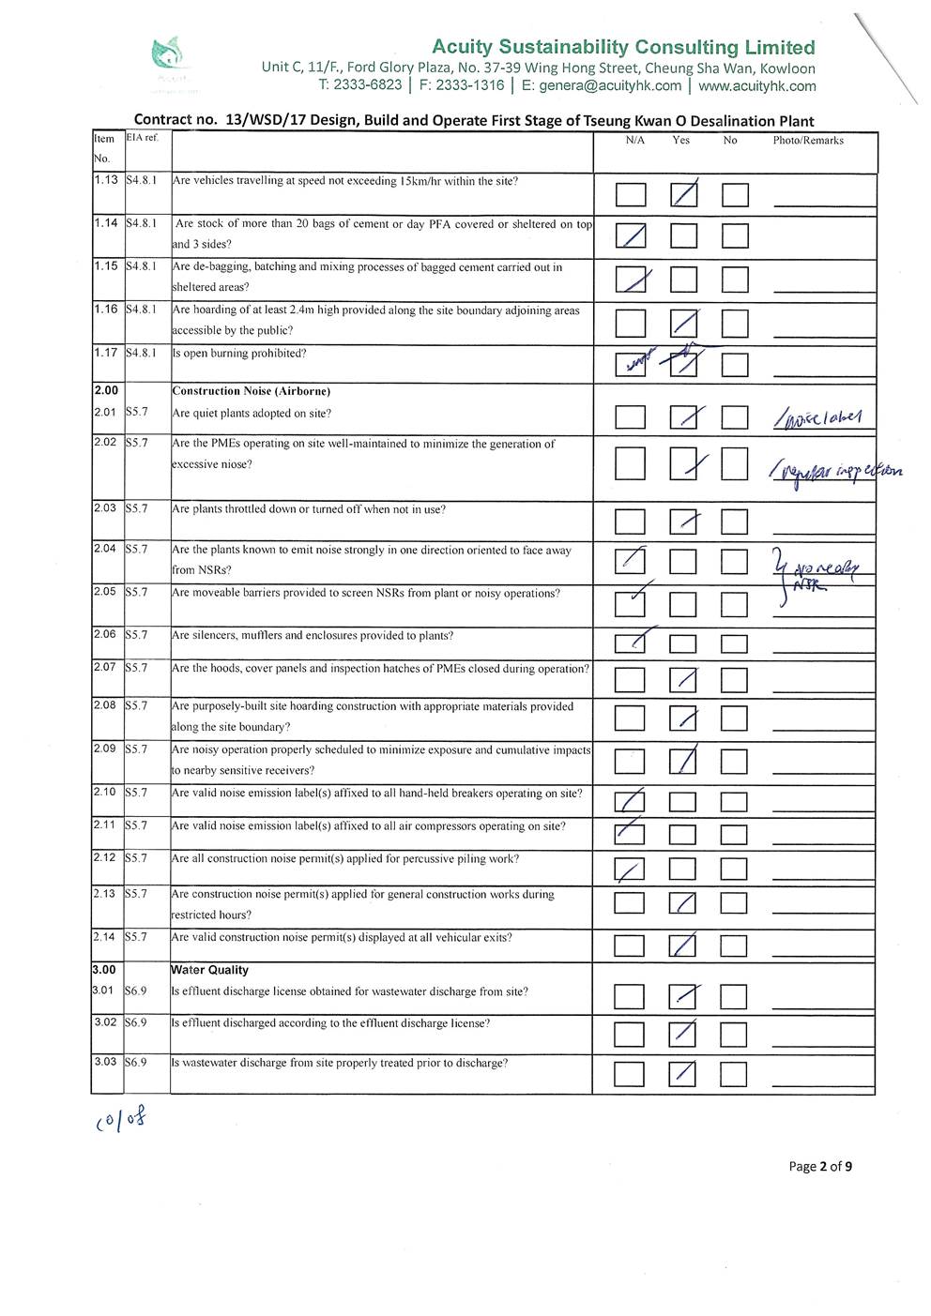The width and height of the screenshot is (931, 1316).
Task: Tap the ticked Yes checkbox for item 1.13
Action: pos(684,195)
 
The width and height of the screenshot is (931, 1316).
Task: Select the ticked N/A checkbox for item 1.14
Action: pos(631,235)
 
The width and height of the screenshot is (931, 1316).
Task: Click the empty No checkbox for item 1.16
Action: pos(735,325)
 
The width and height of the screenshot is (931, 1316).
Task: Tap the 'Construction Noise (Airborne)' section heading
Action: pos(251,391)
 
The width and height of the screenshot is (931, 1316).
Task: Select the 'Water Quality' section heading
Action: pos(209,970)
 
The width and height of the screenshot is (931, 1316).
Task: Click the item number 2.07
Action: pos(105,667)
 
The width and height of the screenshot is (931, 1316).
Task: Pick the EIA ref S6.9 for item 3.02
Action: pos(136,1022)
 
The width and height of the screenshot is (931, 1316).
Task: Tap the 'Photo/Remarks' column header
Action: pos(808,141)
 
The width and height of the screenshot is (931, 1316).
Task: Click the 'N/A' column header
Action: pos(635,141)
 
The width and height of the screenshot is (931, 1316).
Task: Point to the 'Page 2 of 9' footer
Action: pos(820,1167)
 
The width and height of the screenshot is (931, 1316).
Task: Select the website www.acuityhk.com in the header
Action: pos(757,86)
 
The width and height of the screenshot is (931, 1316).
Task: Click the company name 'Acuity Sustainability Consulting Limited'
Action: pos(623,47)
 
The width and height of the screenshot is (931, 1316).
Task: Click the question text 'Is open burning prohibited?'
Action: pos(238,354)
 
